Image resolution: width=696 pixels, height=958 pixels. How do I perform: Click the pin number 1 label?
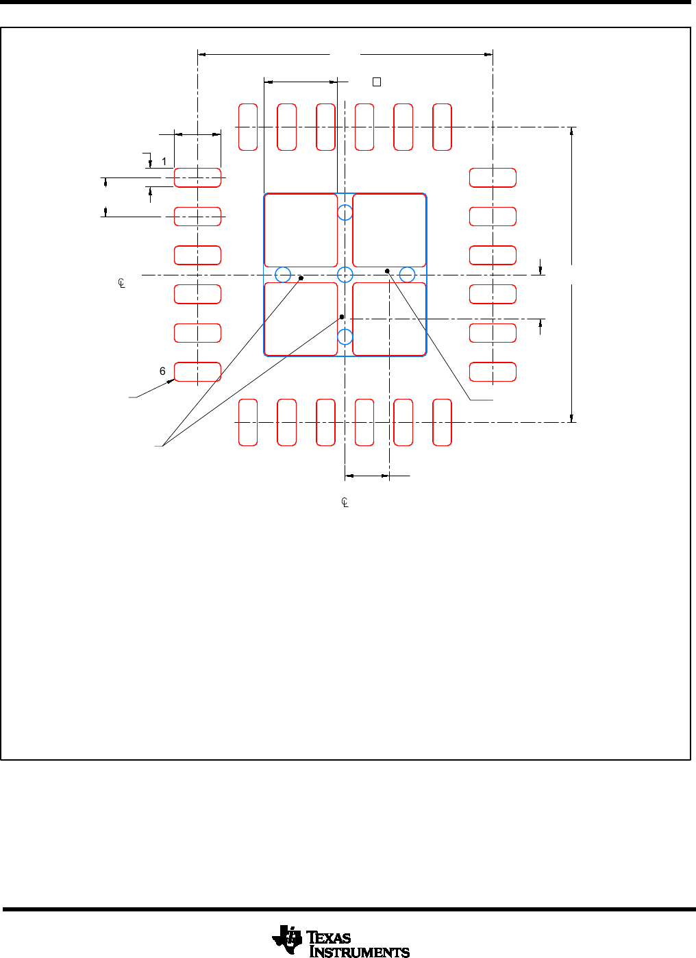tap(164, 162)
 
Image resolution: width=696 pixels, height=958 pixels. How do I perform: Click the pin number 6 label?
tap(162, 371)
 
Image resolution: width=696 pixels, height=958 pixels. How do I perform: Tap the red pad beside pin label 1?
tap(197, 177)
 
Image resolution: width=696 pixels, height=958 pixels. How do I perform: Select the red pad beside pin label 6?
tap(197, 371)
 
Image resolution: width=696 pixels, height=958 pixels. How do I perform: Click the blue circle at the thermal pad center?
tap(345, 267)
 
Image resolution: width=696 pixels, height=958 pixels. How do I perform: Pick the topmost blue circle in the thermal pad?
tap(345, 205)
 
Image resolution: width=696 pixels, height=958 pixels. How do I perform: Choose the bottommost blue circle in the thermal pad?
tap(345, 330)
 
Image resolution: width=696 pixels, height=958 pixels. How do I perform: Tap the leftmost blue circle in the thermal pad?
tap(275, 275)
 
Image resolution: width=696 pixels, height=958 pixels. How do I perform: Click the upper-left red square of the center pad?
tap(264, 230)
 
